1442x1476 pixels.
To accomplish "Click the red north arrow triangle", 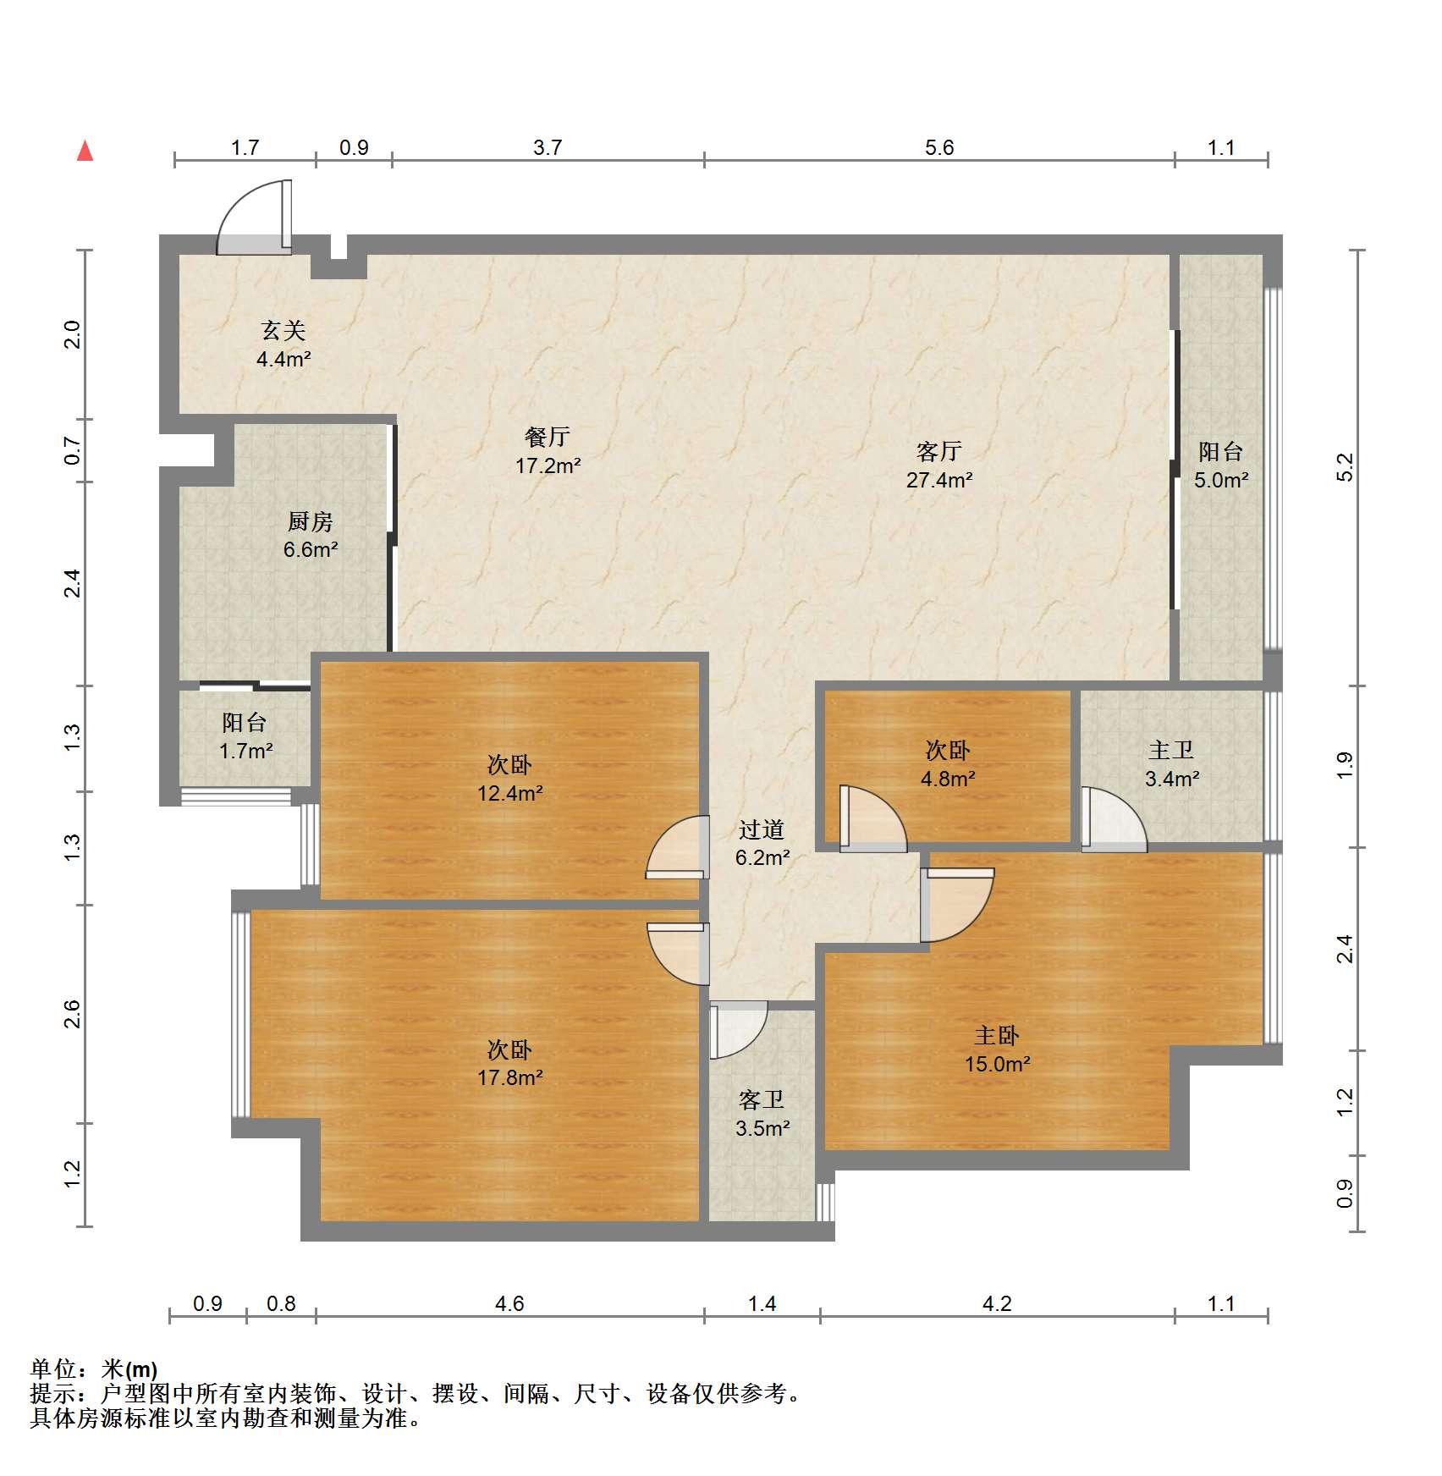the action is point(85,151).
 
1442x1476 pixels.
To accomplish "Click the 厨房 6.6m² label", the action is point(311,536).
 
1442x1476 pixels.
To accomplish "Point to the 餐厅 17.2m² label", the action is point(548,451).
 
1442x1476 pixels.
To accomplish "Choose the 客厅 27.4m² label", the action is point(939,465).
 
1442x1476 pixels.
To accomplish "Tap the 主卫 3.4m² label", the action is point(1172,764).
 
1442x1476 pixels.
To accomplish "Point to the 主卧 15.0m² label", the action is point(997,1049).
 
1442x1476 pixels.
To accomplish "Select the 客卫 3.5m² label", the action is point(762,1114).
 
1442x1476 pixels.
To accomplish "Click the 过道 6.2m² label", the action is point(762,844).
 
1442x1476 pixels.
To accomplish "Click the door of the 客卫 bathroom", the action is point(738,1030).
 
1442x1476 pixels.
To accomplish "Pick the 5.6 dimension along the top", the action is point(939,148).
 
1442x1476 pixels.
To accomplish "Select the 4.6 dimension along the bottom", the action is point(509,1303).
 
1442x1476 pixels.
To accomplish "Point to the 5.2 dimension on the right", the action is point(1345,467).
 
